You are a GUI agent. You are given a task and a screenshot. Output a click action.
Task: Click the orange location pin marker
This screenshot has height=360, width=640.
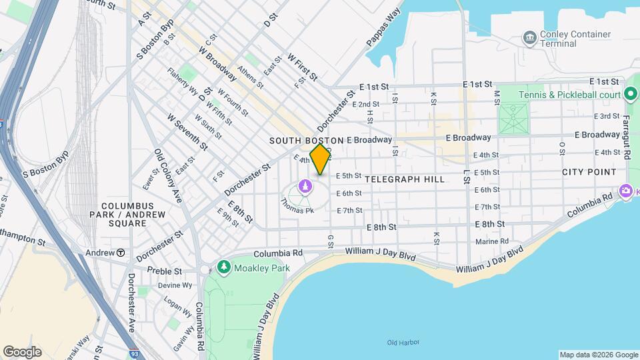click(320, 159)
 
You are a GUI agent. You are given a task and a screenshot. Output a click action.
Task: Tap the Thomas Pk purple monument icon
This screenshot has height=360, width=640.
click(305, 186)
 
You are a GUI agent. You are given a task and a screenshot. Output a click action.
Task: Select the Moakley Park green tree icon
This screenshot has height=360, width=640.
click(224, 267)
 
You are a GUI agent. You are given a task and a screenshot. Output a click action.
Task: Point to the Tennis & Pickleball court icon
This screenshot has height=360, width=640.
click(630, 94)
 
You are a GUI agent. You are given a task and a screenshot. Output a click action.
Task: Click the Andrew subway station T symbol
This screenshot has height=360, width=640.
click(121, 253)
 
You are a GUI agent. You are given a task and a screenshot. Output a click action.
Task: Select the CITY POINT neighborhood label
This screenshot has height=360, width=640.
click(589, 172)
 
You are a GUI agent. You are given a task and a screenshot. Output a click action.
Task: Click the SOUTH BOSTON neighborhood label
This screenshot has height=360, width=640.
click(306, 141)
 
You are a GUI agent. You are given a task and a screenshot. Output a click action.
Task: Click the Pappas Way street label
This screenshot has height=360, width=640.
click(383, 28)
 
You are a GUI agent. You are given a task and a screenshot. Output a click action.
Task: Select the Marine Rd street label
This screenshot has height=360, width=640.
click(492, 241)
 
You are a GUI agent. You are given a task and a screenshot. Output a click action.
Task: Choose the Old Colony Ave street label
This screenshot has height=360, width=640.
click(168, 175)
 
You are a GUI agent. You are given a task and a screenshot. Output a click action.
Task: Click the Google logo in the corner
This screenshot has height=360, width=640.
click(22, 351)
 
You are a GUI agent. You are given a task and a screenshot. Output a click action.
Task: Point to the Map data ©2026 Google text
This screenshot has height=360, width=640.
click(598, 355)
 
